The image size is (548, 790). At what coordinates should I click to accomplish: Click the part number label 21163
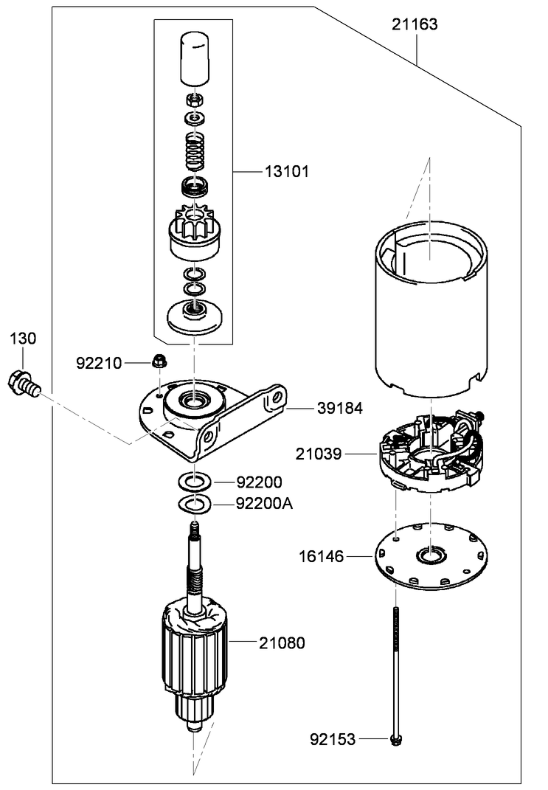point(414,24)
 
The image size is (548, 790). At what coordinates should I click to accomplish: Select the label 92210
point(99,363)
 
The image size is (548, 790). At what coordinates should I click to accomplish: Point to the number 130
point(23,339)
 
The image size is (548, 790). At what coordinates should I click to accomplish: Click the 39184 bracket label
point(340,407)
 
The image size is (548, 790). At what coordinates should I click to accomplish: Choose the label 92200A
point(264,504)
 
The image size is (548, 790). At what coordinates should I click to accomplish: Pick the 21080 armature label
point(281,643)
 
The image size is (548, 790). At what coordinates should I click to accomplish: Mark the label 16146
point(321,555)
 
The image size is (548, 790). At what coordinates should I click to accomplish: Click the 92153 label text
point(332,738)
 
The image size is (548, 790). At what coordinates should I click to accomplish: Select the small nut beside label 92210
point(157,361)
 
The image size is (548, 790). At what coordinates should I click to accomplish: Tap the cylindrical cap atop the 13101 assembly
point(195,58)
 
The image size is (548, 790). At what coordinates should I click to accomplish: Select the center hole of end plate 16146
point(429,555)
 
